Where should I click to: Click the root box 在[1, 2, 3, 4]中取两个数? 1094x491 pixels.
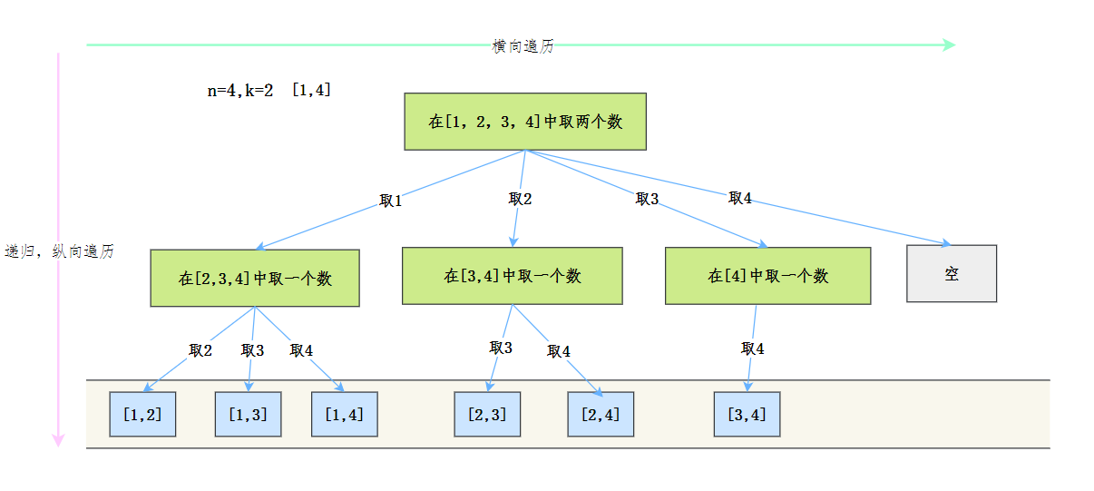[525, 122]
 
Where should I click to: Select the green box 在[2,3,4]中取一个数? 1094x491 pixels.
[255, 279]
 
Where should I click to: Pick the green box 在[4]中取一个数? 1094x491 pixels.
[767, 276]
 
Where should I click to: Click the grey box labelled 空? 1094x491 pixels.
[952, 273]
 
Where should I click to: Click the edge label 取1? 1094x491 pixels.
[391, 201]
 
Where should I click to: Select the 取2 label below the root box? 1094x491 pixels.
[520, 199]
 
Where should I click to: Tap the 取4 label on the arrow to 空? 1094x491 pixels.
[740, 198]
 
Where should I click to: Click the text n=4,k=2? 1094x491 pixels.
[239, 91]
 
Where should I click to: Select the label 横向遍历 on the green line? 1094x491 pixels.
[523, 46]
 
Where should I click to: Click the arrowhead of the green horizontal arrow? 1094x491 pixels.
[949, 45]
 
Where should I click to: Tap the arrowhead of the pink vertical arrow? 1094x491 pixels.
[58, 440]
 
